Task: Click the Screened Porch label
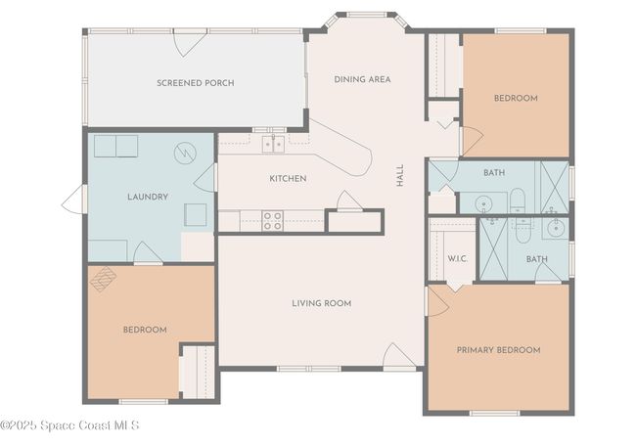[x=196, y=83]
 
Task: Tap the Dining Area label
[x=362, y=79]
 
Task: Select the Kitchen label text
[x=288, y=178]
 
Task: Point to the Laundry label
[x=148, y=197]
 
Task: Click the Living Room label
[x=322, y=303]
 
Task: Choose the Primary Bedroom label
[x=498, y=350]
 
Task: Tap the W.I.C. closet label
[x=458, y=258]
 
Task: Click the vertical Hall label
[x=400, y=175]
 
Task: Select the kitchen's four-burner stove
[x=273, y=221]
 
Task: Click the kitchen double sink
[x=273, y=145]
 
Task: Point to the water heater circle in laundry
[x=185, y=154]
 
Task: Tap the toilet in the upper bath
[x=518, y=200]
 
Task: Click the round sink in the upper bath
[x=483, y=202]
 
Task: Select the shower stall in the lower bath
[x=493, y=248]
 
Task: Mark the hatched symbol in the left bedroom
[x=103, y=279]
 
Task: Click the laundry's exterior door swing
[x=73, y=199]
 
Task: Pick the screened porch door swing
[x=190, y=43]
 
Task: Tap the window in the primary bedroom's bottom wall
[x=495, y=413]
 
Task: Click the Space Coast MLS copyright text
[x=69, y=425]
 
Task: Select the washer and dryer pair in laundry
[x=116, y=146]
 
